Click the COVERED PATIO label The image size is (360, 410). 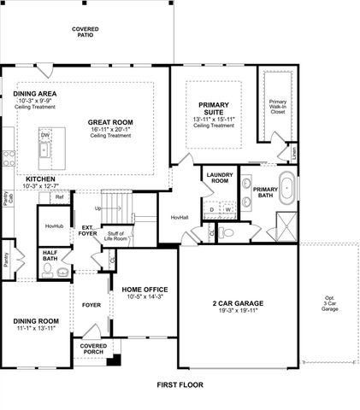[86, 32]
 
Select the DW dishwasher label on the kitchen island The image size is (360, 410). [44, 135]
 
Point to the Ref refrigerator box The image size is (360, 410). [59, 197]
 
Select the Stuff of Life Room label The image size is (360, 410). [116, 235]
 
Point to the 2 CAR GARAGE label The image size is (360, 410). [237, 303]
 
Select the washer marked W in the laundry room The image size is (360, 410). [229, 208]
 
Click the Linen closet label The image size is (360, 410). [293, 154]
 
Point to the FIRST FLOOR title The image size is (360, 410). [180, 385]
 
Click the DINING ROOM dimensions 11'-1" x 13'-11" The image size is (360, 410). [35, 328]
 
